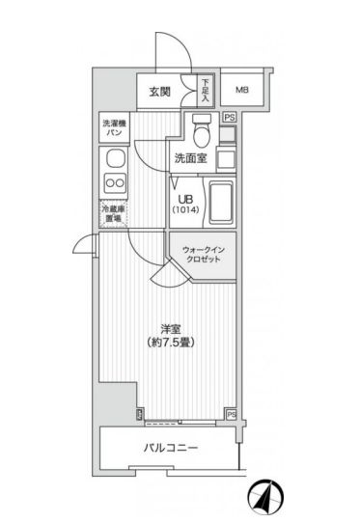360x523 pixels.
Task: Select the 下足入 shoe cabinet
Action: point(205,90)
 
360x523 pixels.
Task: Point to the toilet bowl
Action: point(202,128)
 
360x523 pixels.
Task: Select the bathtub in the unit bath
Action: point(221,200)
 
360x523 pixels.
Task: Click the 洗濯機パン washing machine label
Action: point(112,126)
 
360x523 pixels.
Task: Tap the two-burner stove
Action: point(114,183)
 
